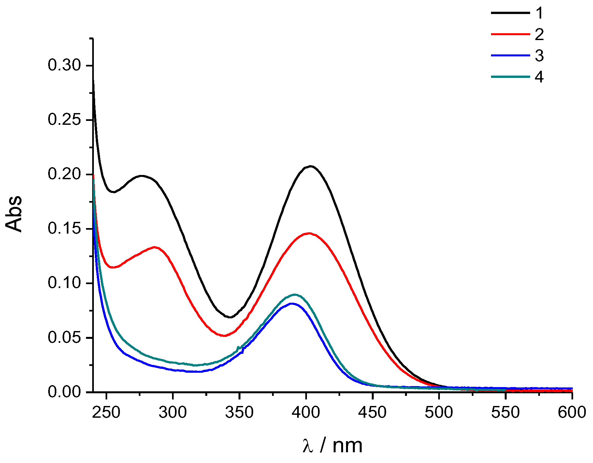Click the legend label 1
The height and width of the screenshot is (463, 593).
[x=540, y=13]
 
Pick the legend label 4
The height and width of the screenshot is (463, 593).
[x=539, y=77]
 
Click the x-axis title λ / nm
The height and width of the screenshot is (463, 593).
[x=332, y=445]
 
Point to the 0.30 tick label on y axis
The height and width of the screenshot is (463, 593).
[x=64, y=65]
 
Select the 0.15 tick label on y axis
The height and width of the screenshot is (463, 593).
[x=64, y=229]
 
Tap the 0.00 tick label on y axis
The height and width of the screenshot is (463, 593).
[x=64, y=392]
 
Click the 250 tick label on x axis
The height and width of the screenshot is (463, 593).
[x=106, y=412]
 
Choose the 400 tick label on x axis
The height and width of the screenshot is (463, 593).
[x=306, y=412]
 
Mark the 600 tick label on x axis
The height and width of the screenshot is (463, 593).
[x=572, y=412]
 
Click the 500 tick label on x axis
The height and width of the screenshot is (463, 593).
[x=439, y=412]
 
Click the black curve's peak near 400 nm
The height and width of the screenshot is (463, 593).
[x=311, y=166]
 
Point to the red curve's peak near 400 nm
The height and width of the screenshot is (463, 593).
[x=309, y=233]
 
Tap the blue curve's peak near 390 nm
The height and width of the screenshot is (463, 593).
[x=292, y=303]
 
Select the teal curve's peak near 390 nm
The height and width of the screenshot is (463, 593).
[x=295, y=295]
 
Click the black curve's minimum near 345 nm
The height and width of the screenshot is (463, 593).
[x=230, y=317]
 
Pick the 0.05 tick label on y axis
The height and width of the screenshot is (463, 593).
[x=64, y=338]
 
